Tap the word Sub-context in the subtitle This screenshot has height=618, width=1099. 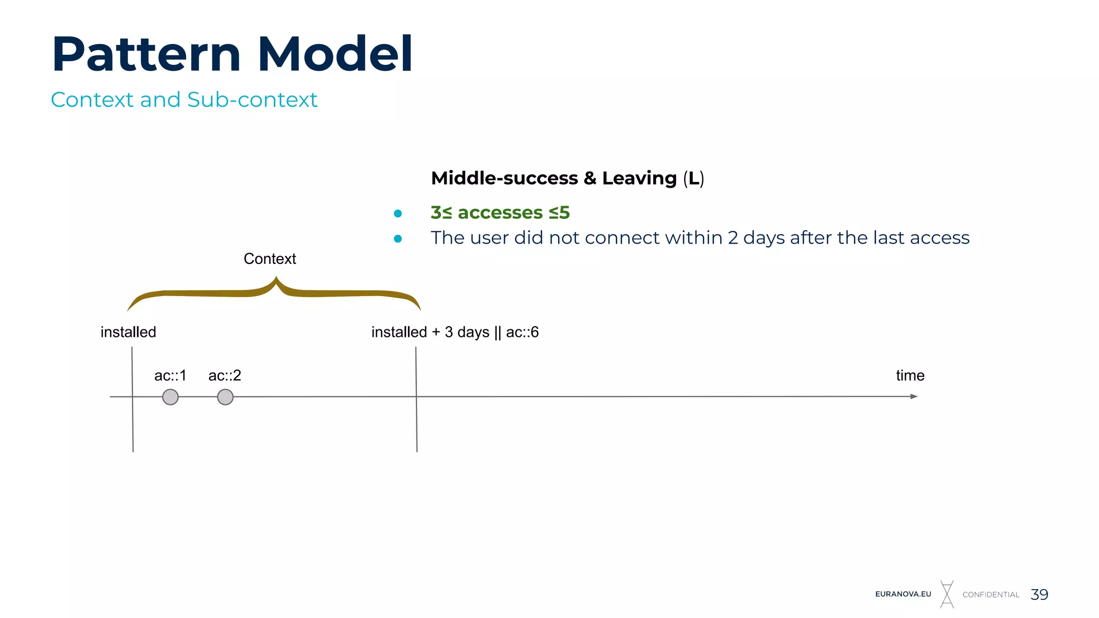252,100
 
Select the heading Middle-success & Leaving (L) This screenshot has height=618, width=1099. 567,178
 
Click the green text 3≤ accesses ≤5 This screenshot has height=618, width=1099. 500,212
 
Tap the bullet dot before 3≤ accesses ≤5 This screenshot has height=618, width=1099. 398,214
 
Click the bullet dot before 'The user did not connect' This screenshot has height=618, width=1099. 398,239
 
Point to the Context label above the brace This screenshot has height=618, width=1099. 269,259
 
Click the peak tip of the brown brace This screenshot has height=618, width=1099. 276,278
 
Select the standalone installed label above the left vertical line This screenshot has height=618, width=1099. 128,332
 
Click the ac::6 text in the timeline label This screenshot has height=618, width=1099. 522,332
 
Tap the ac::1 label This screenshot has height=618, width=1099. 170,376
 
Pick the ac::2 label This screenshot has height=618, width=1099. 225,376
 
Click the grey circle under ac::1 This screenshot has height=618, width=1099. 170,397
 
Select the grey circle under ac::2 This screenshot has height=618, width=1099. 225,397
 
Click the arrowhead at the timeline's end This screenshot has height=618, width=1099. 914,396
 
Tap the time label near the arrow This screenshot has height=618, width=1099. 910,376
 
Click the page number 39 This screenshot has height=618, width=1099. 1039,594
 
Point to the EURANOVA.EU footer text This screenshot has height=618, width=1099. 903,594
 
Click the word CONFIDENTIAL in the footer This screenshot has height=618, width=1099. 991,595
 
